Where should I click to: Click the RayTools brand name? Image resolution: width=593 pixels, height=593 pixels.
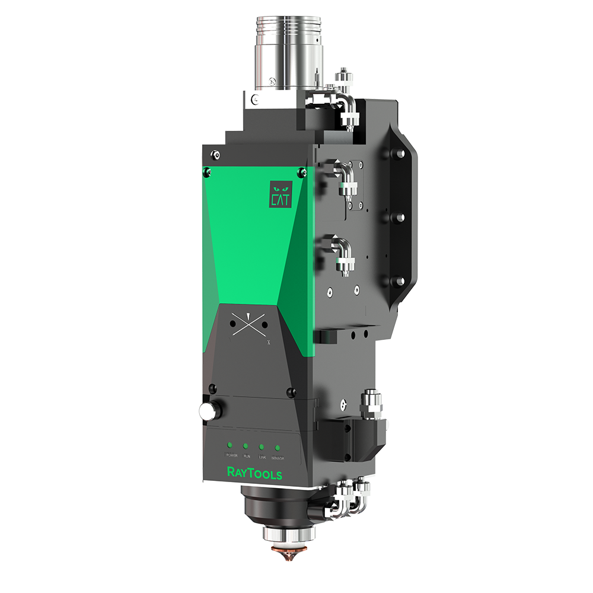tap(254, 473)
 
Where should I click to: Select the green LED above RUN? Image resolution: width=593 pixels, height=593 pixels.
tap(246, 445)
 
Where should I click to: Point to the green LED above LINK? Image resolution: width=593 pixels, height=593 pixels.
tap(261, 445)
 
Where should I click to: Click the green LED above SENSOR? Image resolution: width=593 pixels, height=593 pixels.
tap(277, 446)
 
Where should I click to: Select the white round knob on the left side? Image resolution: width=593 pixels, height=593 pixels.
tap(208, 410)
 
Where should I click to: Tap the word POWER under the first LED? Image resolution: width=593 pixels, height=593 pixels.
tap(231, 456)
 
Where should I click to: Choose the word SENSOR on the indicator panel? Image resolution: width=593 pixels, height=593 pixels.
tap(277, 458)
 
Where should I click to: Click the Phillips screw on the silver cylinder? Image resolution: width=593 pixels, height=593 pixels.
tap(272, 81)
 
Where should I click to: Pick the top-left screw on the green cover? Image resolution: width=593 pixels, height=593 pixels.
tap(206, 172)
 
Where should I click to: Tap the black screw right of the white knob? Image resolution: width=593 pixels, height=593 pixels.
tap(290, 393)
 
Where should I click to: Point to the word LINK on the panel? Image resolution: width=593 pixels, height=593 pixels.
tap(262, 457)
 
